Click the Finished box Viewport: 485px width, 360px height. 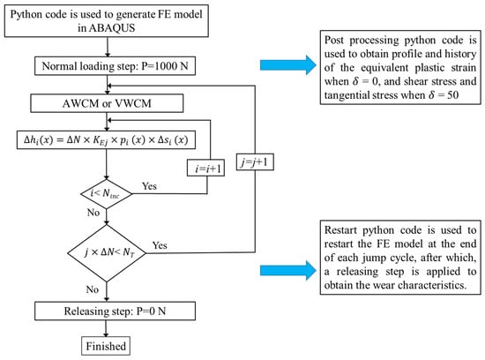(106, 346)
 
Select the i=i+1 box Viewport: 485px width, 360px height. (206, 168)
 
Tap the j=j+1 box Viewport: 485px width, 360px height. (255, 161)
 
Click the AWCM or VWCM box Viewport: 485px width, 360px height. (107, 103)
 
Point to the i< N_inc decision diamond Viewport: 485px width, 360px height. (107, 194)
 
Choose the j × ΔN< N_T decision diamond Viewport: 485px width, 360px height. (107, 253)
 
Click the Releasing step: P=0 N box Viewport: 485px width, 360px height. (115, 311)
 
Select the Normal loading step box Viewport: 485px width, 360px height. (115, 66)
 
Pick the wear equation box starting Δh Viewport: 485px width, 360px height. (106, 140)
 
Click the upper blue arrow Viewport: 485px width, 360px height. (288, 65)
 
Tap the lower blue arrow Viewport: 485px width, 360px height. (288, 271)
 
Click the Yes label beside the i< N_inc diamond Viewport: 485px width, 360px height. (149, 186)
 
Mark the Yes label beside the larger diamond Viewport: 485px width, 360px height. (160, 245)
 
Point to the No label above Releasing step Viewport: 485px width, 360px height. (93, 289)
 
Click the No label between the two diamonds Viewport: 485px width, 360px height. (93, 213)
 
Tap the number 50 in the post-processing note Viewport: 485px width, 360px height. (453, 94)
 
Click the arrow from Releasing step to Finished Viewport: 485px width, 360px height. (107, 329)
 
